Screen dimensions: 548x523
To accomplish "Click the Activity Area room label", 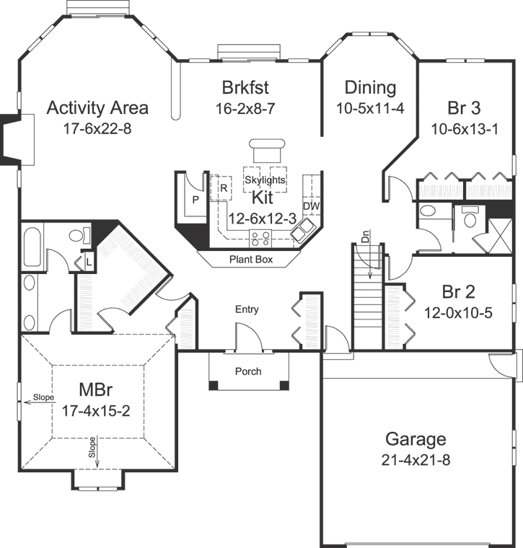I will pos(97,108).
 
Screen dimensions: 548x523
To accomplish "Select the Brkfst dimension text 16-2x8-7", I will pos(246,109).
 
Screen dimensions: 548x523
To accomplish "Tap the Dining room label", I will pos(370,88).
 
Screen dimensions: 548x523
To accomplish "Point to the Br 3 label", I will pos(464,108).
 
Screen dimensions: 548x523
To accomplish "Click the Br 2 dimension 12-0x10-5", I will pos(459,313).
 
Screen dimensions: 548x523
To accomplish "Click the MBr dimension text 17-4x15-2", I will pos(95,411).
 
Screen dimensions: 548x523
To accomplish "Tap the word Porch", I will pos(248,371).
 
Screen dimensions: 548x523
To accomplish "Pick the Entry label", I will pos(247,309).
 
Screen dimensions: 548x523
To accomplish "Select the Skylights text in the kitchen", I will pos(265,180).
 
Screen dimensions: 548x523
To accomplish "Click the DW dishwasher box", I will pos(311,206).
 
